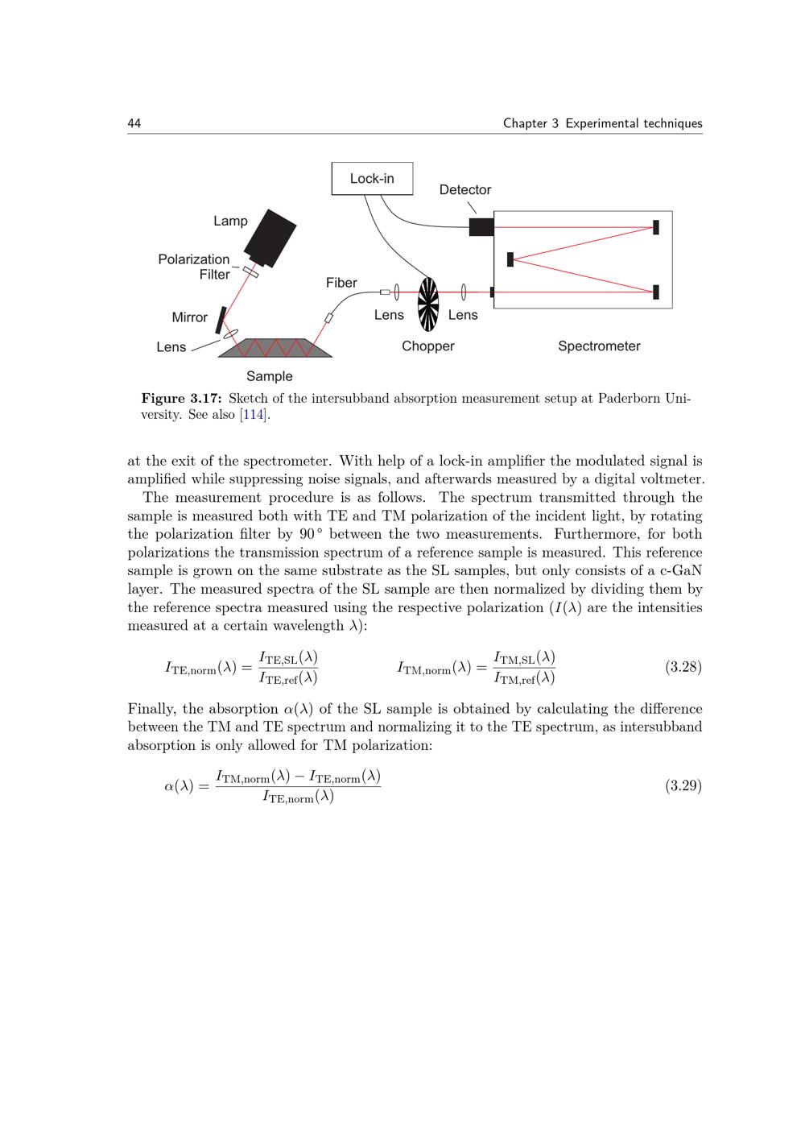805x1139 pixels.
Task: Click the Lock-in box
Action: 372,179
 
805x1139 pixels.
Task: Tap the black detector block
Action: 481,226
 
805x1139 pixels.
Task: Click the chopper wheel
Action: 428,304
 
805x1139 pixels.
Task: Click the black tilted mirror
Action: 219,321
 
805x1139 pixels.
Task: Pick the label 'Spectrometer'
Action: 599,346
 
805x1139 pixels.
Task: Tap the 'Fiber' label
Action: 341,283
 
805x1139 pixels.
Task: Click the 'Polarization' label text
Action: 193,259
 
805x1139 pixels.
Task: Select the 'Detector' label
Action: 464,190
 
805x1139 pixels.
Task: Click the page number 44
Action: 134,123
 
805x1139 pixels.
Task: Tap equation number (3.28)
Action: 683,667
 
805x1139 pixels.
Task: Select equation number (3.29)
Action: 683,785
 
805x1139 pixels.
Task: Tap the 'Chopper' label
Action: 428,346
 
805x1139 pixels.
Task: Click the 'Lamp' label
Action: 230,221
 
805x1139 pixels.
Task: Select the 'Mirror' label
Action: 189,317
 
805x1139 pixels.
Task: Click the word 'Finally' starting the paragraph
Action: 152,709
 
